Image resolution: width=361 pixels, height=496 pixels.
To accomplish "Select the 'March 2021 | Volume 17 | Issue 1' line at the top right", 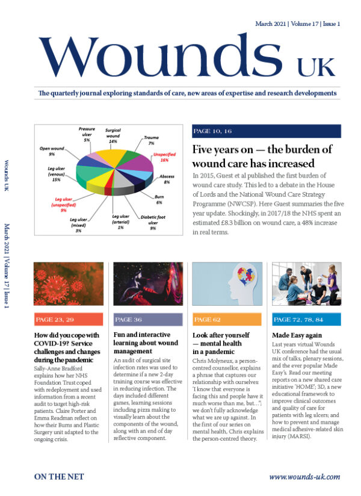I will pos(297,24).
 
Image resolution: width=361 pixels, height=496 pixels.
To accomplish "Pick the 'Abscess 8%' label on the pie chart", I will pos(167,178).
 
